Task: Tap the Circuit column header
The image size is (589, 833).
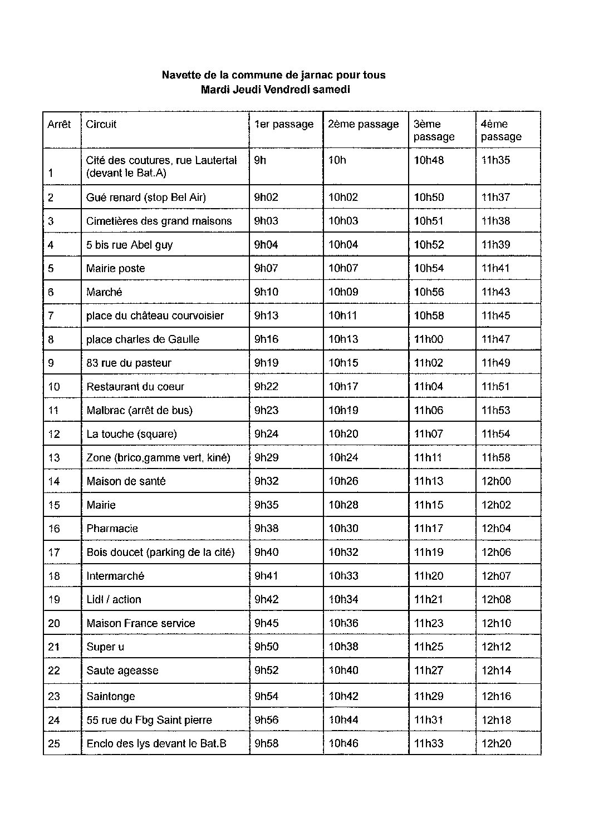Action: coord(101,124)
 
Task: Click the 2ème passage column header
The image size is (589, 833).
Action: coord(364,124)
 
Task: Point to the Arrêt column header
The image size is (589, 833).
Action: coord(59,124)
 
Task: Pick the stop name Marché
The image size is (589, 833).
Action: coord(104,292)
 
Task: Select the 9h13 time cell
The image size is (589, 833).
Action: coord(266,316)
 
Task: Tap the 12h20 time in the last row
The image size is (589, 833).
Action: coord(496,743)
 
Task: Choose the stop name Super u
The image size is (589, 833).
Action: coord(105,647)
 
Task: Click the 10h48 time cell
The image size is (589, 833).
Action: coord(429,160)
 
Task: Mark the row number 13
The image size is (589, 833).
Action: coord(54,457)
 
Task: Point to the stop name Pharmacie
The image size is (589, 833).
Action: coord(112,529)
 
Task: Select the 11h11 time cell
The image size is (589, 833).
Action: coord(428,457)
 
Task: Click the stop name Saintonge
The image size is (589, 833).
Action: coord(111,696)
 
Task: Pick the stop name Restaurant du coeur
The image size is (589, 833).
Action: coord(135,387)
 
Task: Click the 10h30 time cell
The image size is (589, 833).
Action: coord(343,529)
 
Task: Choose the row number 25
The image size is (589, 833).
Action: coord(54,743)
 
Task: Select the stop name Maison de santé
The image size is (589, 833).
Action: coord(126,481)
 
